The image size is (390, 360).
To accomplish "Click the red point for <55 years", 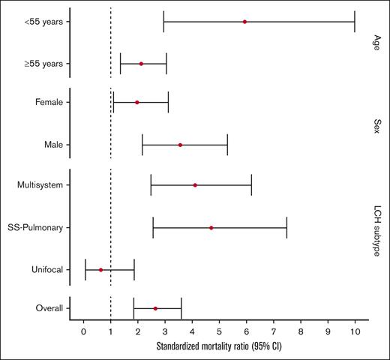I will coord(244,22).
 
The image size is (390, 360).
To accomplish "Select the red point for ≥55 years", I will coord(141,64).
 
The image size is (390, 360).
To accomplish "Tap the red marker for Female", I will coord(136,102).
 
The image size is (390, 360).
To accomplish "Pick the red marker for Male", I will coord(180,145).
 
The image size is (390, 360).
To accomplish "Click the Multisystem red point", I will coord(195,185).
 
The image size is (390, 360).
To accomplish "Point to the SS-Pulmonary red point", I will coord(211,227).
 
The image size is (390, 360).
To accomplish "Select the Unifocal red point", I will coord(100,269).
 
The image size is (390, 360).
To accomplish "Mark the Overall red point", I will coord(155,308).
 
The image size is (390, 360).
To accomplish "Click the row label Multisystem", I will coord(41,185).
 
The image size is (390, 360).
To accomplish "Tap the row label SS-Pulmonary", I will coord(38,227).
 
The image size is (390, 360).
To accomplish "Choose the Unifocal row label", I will coord(47,269).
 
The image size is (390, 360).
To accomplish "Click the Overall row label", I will coord(49,308).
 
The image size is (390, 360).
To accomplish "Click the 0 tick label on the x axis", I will coord(83,331).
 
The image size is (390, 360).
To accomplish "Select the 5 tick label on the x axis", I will coord(219,331).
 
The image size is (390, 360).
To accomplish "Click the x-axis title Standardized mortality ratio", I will coord(218,347).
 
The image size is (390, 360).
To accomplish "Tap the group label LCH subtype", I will coord(376,227).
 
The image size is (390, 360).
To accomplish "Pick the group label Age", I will coord(376,43).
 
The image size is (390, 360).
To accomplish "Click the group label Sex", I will coord(376,123).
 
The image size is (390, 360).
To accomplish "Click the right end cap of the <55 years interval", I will coord(355,22).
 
